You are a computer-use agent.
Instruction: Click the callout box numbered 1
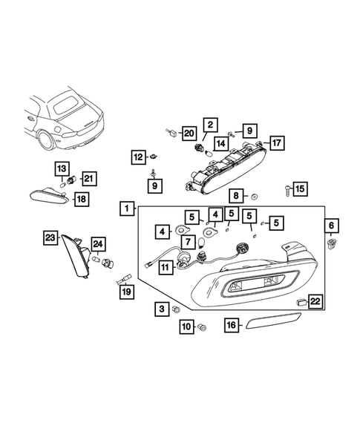tap(129, 208)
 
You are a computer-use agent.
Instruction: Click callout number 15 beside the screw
tap(300, 188)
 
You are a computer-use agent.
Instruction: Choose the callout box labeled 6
tap(332, 225)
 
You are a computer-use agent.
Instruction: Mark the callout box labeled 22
tap(315, 300)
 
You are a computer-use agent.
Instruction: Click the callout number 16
tap(232, 325)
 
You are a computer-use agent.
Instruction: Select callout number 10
tap(185, 326)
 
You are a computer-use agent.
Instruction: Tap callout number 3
tap(161, 308)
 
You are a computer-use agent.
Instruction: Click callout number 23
tap(50, 237)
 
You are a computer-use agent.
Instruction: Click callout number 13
tap(62, 168)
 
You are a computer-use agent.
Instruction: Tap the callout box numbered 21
tap(88, 177)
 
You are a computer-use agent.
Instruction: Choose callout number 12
tap(138, 157)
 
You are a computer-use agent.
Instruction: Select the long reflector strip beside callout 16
tap(272, 325)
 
